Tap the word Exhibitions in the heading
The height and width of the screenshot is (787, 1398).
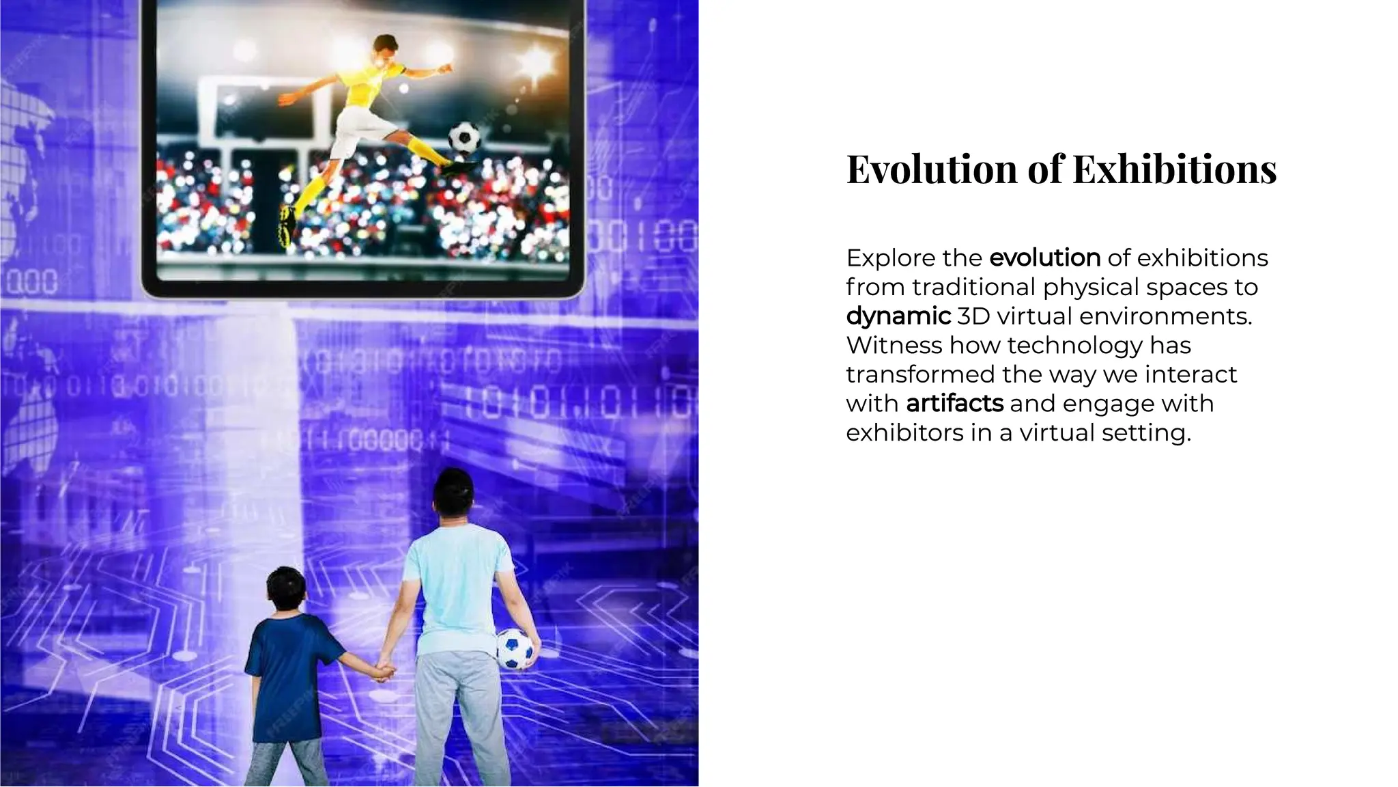click(x=1174, y=169)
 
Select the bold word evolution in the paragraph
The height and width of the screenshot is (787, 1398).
click(x=1044, y=258)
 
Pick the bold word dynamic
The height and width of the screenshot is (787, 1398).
click(x=898, y=316)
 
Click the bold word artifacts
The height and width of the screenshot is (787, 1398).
click(x=954, y=404)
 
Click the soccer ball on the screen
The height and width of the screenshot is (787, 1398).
click(x=464, y=137)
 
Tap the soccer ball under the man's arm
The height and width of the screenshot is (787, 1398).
click(x=515, y=648)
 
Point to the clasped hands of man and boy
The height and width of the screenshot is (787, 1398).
click(x=384, y=669)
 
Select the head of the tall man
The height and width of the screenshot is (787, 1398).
click(x=454, y=492)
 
